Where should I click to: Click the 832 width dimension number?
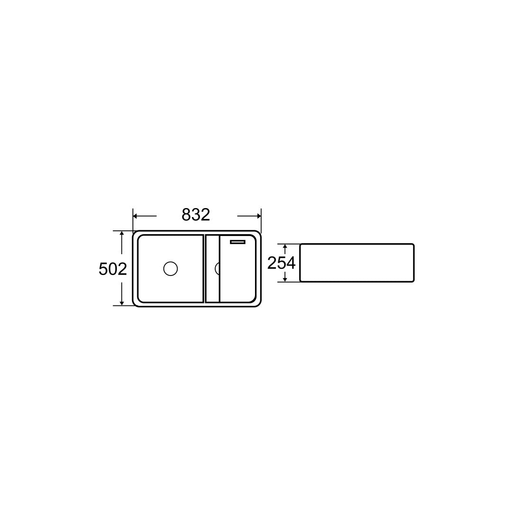point(196,215)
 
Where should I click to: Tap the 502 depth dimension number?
point(113,269)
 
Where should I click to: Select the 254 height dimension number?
point(281,263)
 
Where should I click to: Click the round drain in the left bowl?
point(171,268)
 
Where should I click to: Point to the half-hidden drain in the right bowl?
point(217,268)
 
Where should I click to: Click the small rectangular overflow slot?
point(237,242)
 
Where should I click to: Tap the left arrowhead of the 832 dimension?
point(135,216)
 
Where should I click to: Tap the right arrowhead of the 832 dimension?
point(259,216)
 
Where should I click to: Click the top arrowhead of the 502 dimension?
point(122,233)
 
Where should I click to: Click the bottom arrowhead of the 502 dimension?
point(122,303)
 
